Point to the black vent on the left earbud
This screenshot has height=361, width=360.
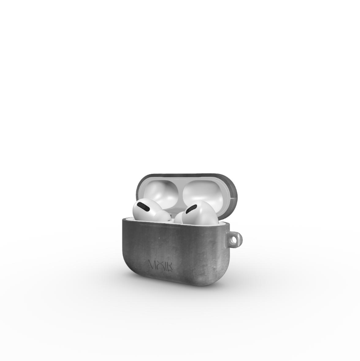[145, 206]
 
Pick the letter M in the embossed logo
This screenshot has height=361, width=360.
[153, 265]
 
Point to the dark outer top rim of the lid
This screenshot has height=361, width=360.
[184, 175]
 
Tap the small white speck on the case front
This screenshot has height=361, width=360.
[160, 239]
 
